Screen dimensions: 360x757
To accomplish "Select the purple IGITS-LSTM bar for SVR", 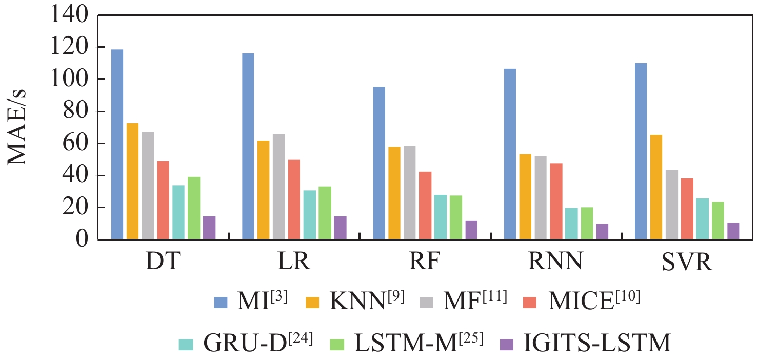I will pos(733,231).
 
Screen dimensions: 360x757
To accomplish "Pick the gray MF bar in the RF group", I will pos(410,193).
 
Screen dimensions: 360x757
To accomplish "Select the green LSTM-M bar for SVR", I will pos(718,221).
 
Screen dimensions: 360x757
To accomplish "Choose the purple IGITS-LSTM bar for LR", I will pos(340,228).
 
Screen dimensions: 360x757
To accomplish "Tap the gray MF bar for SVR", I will pos(672,205).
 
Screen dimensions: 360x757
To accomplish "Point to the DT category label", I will pos(163,262).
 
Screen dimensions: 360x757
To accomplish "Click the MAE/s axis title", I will pos(17,127).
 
